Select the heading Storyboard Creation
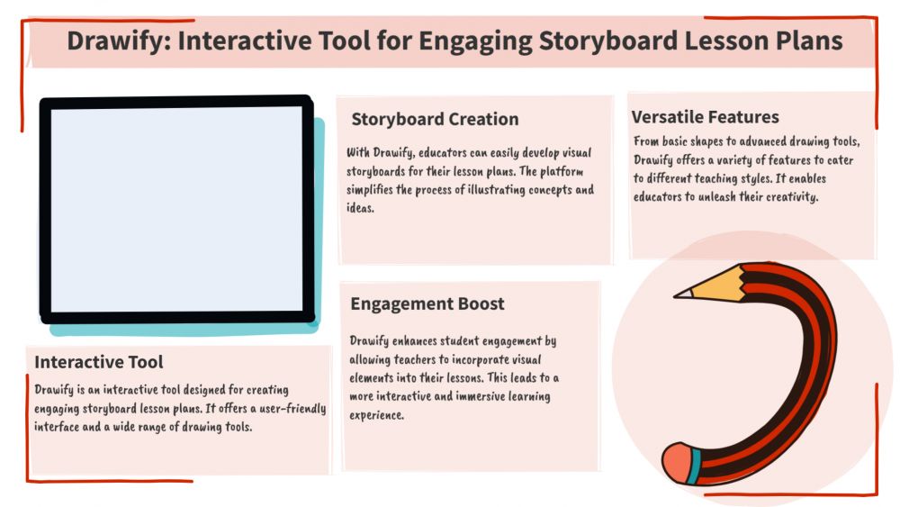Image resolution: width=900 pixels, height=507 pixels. pyautogui.click(x=435, y=119)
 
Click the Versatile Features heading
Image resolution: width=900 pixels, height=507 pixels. pyautogui.click(x=705, y=117)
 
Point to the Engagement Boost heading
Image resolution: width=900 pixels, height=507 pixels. pyautogui.click(x=427, y=303)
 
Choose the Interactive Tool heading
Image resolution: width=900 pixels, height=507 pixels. pyautogui.click(x=99, y=362)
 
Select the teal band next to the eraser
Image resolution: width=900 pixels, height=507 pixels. pyautogui.click(x=695, y=466)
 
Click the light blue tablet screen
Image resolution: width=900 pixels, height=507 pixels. pyautogui.click(x=176, y=209)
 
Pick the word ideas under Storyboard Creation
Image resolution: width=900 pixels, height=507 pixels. pyautogui.click(x=360, y=208)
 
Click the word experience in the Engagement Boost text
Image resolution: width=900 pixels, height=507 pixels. pyautogui.click(x=376, y=415)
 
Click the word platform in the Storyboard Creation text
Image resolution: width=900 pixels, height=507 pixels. pyautogui.click(x=562, y=171)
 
